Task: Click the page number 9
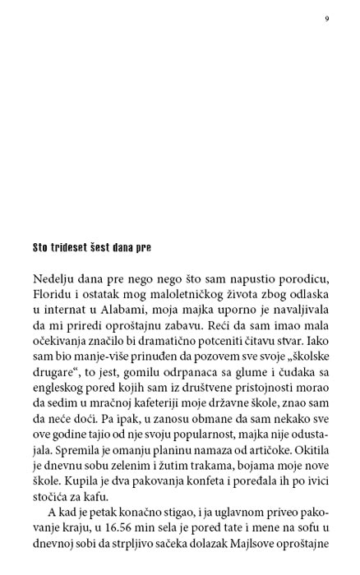point(326,19)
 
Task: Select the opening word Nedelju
point(55,278)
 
